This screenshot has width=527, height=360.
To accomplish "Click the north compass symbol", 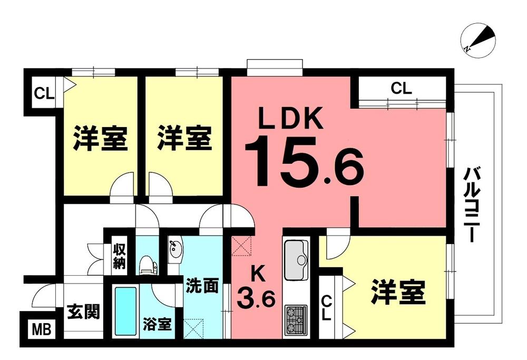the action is [x=478, y=40].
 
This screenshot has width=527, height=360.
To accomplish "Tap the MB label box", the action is [x=40, y=330].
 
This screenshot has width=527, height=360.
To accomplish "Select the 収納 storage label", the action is [x=120, y=256].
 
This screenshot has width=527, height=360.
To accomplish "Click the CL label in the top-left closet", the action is [x=44, y=94].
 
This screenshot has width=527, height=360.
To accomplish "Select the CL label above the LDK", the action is [x=401, y=89].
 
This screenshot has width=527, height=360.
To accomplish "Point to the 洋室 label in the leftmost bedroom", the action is [x=100, y=138].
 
